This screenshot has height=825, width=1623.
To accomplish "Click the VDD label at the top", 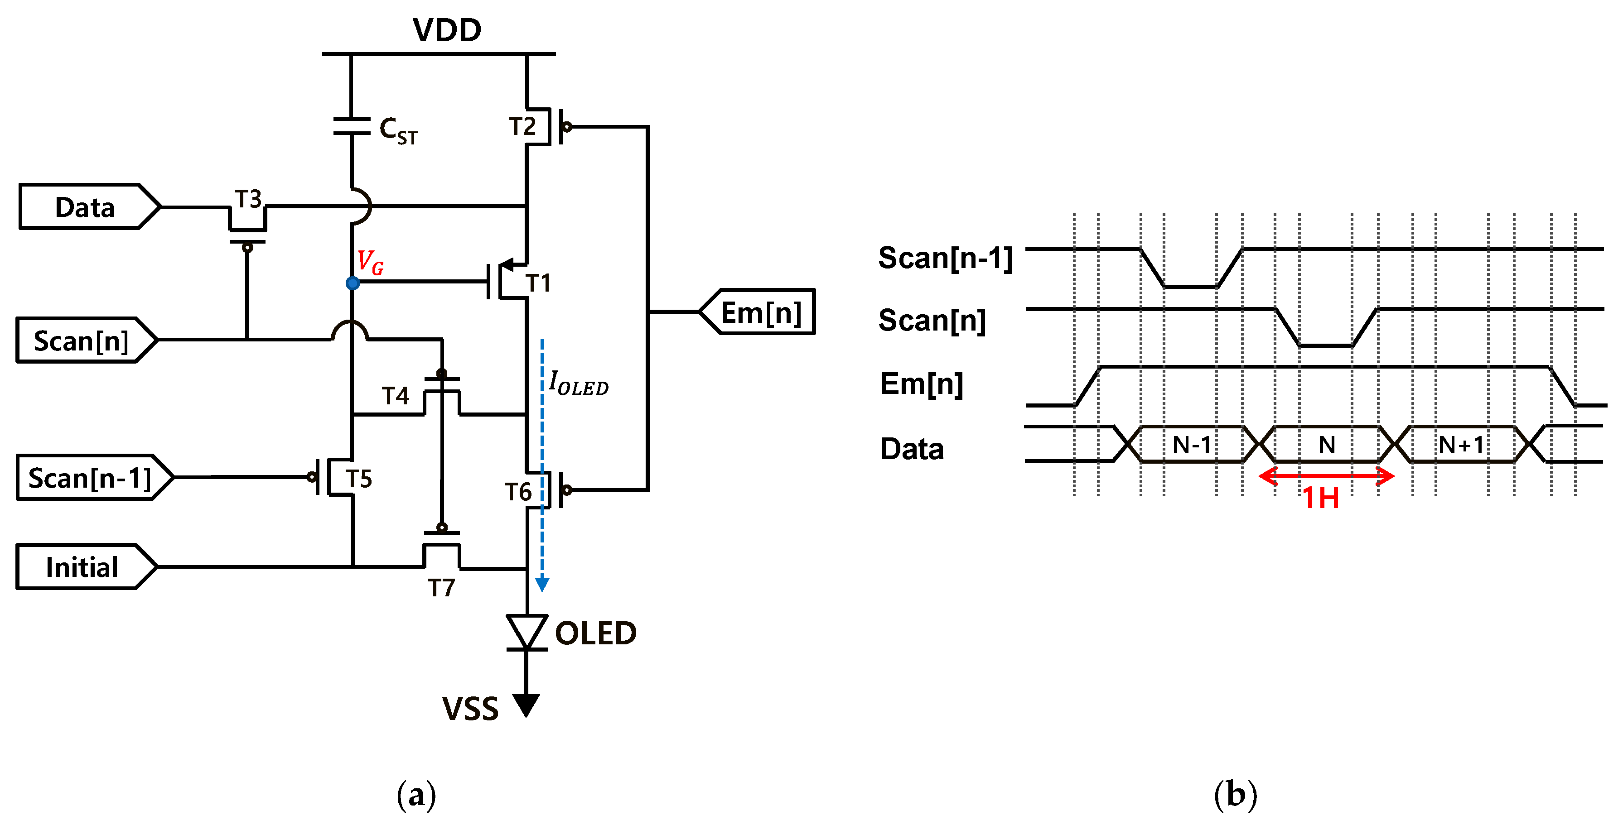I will pos(447,30).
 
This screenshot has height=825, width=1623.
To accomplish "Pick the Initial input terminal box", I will pos(82,567).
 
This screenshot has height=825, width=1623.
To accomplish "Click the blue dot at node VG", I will pos(353,283).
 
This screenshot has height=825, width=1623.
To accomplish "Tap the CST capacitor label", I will pos(397,131).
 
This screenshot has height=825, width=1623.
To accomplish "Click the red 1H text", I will pos(1321,498).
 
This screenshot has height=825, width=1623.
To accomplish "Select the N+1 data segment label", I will pos(1462,445).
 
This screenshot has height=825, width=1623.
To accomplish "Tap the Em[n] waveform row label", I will pos(921,384).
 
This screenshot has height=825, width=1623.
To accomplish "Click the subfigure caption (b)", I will pos(1235,795).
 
